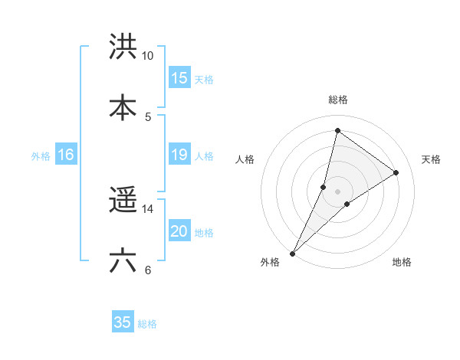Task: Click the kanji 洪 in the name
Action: (123, 47)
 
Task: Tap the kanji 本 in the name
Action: (123, 108)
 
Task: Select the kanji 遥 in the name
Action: (123, 201)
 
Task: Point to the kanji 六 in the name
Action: (123, 261)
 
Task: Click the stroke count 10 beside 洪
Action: (148, 56)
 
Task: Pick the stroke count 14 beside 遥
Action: (148, 208)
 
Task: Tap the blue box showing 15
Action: (179, 78)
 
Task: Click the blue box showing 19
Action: (179, 155)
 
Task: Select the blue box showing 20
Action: (179, 232)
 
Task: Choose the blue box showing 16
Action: (66, 155)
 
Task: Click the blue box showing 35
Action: (123, 322)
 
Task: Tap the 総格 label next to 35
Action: (147, 324)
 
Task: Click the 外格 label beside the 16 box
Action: (41, 156)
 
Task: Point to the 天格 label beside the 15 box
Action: (203, 80)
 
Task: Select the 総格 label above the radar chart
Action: (338, 100)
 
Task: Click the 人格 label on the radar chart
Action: (245, 159)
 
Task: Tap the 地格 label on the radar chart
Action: (402, 263)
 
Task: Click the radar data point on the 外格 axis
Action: (292, 253)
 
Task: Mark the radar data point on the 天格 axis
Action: (396, 172)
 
